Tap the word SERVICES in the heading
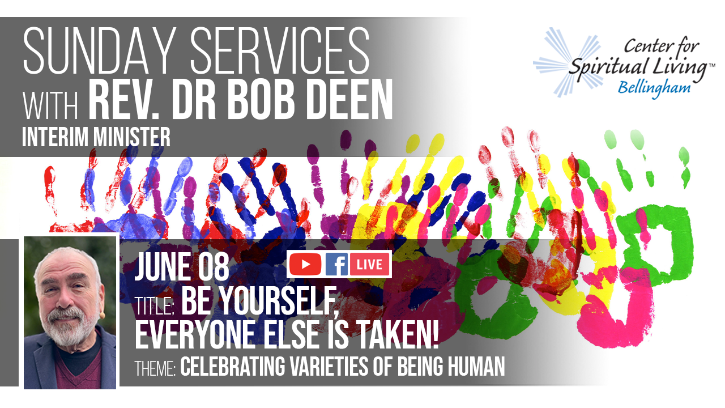coord(280,50)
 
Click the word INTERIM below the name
coord(56,137)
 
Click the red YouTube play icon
coord(305,264)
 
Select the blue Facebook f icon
coord(336,264)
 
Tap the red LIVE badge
coord(370,264)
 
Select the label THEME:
coord(155,368)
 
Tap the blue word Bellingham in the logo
coord(654,88)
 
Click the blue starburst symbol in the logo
coord(563,62)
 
